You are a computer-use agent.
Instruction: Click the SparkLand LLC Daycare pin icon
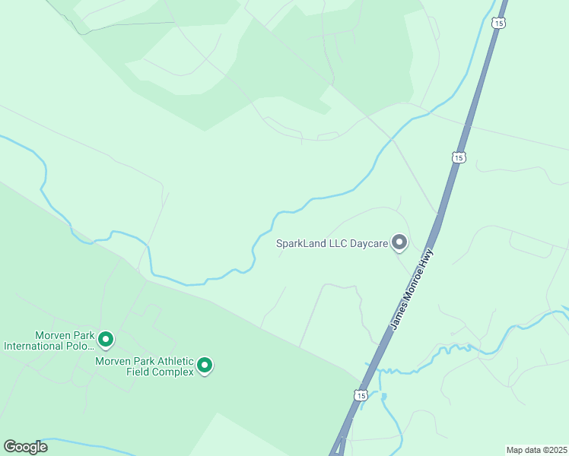(x=399, y=243)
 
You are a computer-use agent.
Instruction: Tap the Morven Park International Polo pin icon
(x=106, y=339)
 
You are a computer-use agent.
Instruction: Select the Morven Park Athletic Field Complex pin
(x=204, y=366)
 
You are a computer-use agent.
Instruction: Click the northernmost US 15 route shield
(x=497, y=24)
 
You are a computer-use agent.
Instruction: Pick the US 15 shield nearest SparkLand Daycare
(x=456, y=157)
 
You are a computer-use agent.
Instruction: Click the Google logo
(x=25, y=447)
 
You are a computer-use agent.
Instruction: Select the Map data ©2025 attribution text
(x=536, y=449)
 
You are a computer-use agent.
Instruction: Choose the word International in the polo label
(x=36, y=346)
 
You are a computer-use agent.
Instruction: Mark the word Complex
(x=175, y=372)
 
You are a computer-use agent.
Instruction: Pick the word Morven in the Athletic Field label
(x=112, y=361)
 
